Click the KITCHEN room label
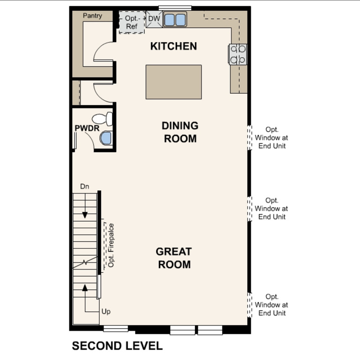(x=173, y=46)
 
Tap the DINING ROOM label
(x=180, y=132)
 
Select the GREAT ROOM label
(x=174, y=258)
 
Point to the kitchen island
(x=173, y=82)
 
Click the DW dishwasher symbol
(x=154, y=19)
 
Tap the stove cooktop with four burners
(x=238, y=54)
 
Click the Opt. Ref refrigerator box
(x=131, y=22)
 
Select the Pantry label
(x=92, y=15)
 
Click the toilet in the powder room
(x=103, y=119)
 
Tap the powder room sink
(x=106, y=138)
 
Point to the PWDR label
(x=84, y=128)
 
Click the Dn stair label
(x=84, y=187)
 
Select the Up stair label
(x=106, y=311)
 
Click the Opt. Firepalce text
(x=111, y=245)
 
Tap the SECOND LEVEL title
(x=117, y=346)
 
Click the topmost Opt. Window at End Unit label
(x=272, y=137)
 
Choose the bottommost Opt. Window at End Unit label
(x=272, y=305)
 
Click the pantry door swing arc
(x=103, y=52)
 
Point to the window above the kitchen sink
(x=175, y=7)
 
